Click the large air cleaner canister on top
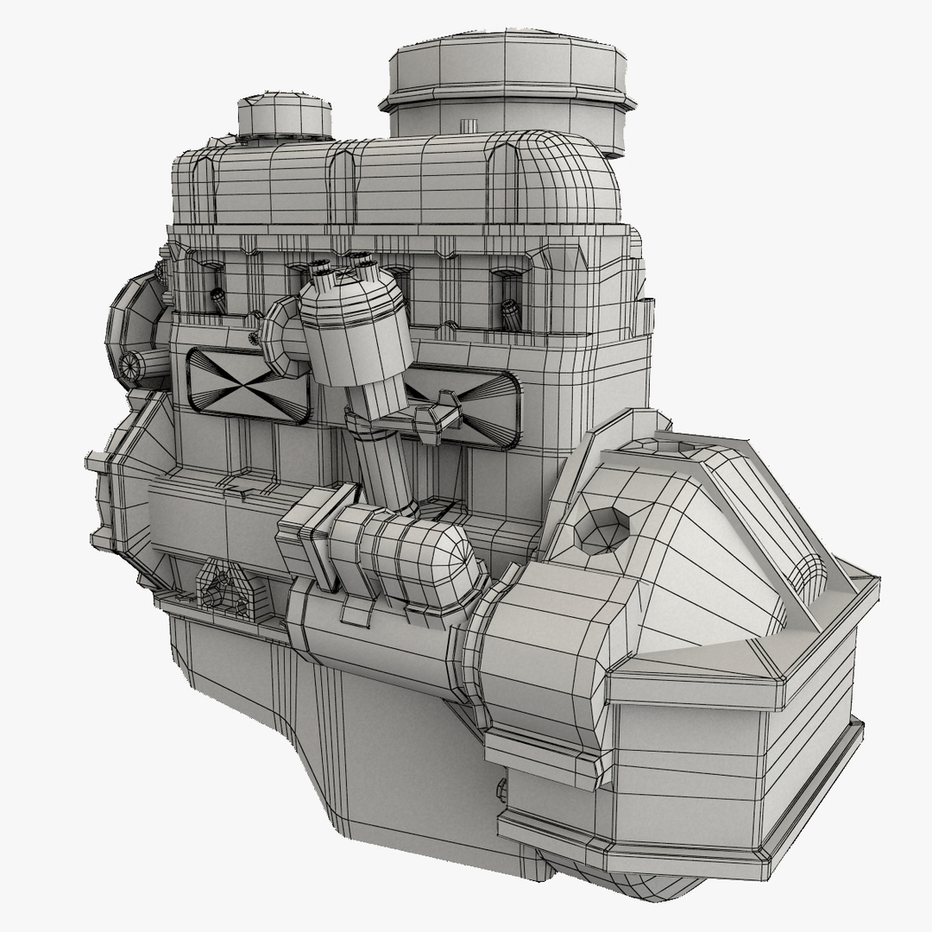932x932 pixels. tap(509, 86)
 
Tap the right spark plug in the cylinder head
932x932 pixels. tap(512, 315)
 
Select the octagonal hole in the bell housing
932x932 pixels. tap(601, 529)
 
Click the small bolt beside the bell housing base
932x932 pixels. tap(501, 790)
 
